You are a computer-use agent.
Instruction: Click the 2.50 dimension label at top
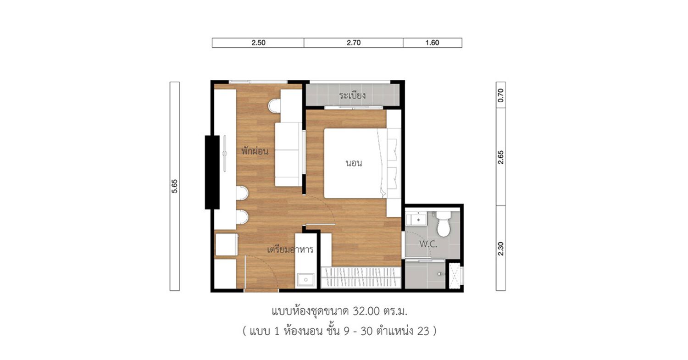coord(258,43)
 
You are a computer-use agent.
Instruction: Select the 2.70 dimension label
coord(354,43)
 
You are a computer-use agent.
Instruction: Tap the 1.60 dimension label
coord(432,43)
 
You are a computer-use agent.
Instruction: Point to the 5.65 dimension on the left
coord(174,186)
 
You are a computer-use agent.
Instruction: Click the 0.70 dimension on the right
coord(501,95)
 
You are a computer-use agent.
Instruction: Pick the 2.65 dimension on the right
coord(501,157)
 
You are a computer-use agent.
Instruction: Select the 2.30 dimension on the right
coord(501,249)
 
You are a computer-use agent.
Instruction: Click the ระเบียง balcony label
coord(352,95)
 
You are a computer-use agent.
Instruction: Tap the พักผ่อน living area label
coord(255,150)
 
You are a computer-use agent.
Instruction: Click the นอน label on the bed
coord(354,163)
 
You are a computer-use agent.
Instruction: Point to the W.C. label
coord(428,244)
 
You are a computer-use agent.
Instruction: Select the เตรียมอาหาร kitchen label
coord(290,249)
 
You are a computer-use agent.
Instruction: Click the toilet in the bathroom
coord(444,224)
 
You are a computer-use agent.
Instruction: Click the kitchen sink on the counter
coord(305,280)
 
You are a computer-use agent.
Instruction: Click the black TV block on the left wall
coord(212,172)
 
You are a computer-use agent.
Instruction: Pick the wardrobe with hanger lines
coord(361,277)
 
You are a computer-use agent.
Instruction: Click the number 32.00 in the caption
coord(366,311)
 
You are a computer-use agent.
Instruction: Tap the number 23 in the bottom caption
coord(423,331)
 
